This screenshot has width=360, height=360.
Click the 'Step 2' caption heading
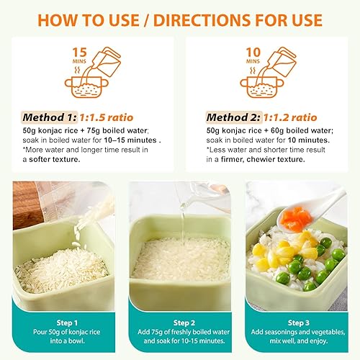tap(180, 323)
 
